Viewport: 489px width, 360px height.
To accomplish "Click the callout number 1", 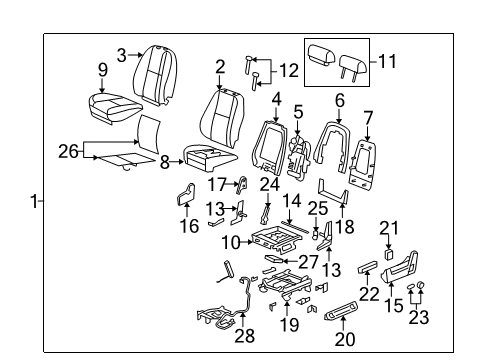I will [33, 201].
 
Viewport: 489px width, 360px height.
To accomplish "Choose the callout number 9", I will [102, 69].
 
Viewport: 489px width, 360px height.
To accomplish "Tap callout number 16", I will [187, 226].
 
